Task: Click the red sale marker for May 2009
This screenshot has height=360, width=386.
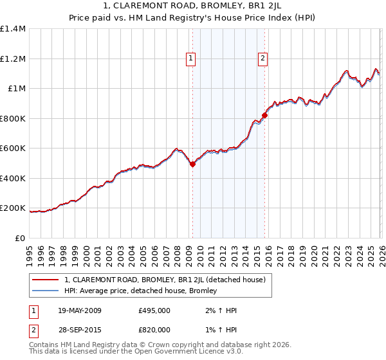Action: pos(192,165)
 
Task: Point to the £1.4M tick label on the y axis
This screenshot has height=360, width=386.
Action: pos(13,29)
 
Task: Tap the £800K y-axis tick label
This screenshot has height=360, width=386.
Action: pos(13,118)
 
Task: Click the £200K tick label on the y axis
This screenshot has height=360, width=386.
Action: pos(13,208)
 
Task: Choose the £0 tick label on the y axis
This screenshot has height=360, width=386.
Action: pos(20,239)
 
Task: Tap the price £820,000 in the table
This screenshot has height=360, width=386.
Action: pos(154,329)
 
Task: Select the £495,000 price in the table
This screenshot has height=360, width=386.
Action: pos(154,310)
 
